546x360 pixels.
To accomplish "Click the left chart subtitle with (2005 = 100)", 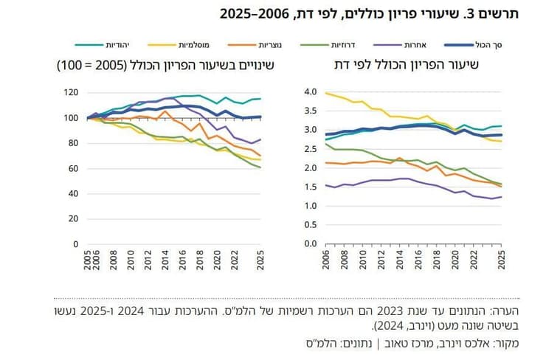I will tap(166, 66).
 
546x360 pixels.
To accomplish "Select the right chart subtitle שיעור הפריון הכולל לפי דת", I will tap(416, 66).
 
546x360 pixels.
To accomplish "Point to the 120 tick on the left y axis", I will tap(72, 93).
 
